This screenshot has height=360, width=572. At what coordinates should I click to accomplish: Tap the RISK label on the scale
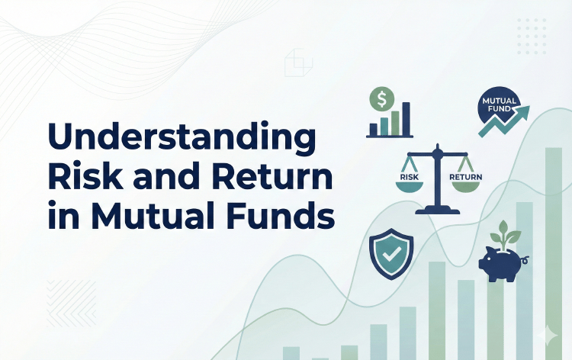(410, 178)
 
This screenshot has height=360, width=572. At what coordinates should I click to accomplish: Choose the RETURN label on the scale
(466, 178)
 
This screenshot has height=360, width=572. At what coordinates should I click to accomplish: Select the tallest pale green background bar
(554, 252)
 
